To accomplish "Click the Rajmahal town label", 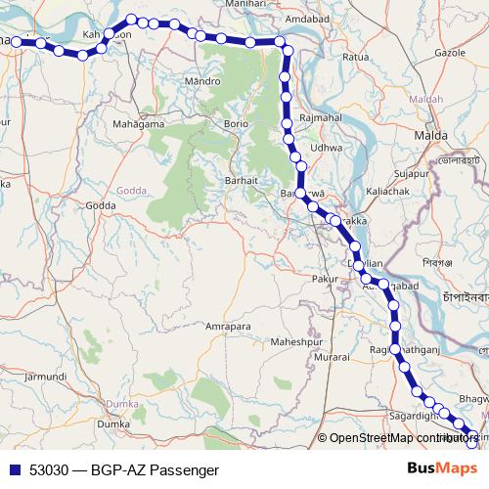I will (x=321, y=117).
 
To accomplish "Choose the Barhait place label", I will (x=241, y=181).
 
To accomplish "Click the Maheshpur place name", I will (x=295, y=342).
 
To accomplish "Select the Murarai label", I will (x=332, y=358).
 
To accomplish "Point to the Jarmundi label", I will (x=46, y=375).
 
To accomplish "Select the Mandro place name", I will (x=201, y=81).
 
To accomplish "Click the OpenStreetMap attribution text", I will (x=402, y=439).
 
